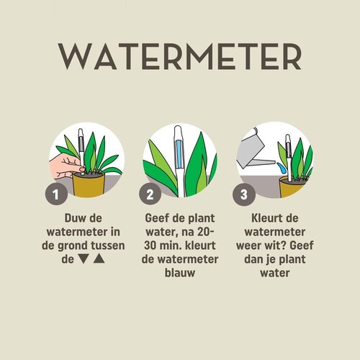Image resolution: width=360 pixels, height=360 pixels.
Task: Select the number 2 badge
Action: pyautogui.click(x=150, y=194)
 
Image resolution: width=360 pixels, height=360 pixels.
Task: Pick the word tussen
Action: pyautogui.click(x=105, y=246)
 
